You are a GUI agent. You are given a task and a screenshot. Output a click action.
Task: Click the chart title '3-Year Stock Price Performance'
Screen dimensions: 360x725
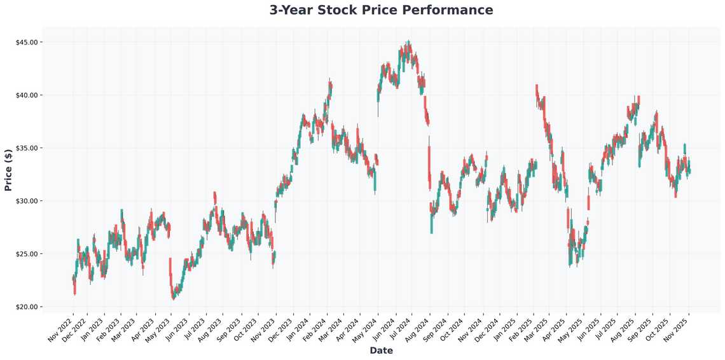pos(381,10)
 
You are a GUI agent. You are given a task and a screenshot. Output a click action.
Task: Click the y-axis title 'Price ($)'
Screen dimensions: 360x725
pos(8,170)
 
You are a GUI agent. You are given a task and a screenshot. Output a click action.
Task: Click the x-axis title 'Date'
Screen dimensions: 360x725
pos(381,350)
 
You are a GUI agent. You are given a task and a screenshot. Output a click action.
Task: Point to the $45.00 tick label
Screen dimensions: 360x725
pos(31,42)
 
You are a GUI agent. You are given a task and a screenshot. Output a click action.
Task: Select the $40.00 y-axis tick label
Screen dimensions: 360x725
pos(31,95)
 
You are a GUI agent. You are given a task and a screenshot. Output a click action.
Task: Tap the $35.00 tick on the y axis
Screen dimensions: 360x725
pos(31,148)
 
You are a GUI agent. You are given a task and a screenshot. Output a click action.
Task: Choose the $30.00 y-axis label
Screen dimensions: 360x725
pos(31,201)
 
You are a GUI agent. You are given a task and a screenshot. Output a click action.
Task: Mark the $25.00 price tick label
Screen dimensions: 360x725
pos(31,254)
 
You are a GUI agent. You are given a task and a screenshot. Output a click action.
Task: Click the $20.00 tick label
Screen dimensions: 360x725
pos(31,307)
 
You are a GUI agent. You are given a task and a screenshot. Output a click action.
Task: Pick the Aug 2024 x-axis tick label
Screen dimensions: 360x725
pos(417,329)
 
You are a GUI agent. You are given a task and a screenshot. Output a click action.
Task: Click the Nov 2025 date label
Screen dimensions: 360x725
pos(677,329)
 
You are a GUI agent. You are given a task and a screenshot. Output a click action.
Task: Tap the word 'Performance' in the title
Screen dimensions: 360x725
pos(453,10)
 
